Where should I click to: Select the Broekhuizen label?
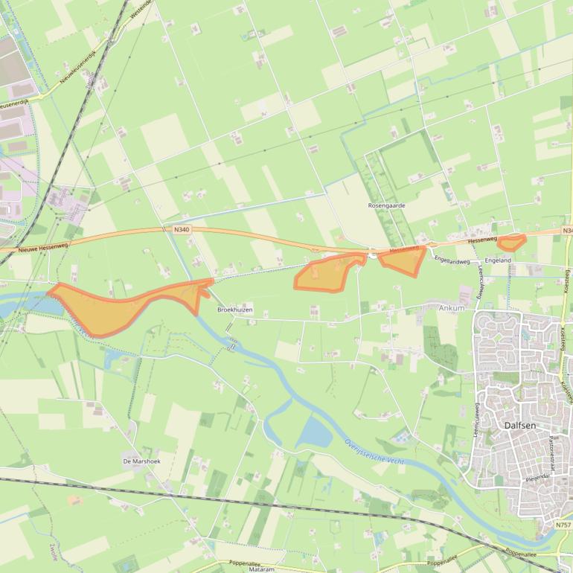235,309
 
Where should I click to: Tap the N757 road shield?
563,525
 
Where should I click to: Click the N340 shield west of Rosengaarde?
182,230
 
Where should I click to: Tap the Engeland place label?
498,260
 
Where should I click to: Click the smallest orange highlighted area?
511,242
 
